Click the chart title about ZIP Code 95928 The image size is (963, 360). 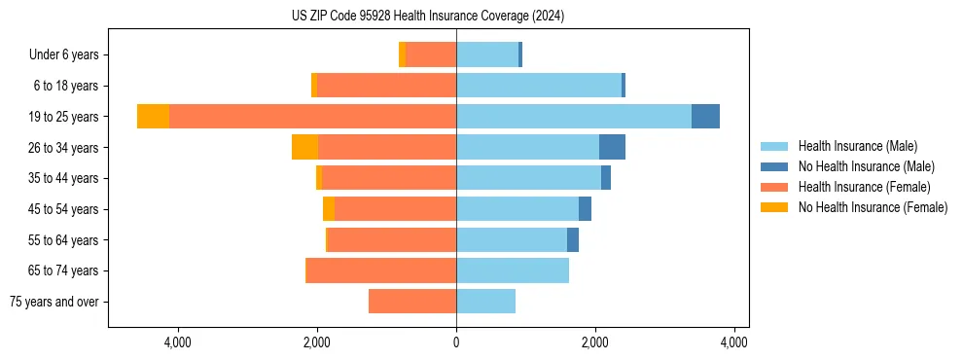click(428, 17)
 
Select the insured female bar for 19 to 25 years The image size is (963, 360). click(312, 117)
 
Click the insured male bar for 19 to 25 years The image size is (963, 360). click(574, 117)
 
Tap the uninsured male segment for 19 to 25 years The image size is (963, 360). click(705, 117)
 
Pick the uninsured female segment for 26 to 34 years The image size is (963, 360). click(304, 148)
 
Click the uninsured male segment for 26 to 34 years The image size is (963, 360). click(612, 148)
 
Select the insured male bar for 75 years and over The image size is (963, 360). click(485, 302)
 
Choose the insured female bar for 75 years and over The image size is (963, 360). click(412, 302)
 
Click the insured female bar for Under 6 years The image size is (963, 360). click(431, 55)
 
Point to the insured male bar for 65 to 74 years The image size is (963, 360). click(513, 270)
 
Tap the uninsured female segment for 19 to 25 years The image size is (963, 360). click(153, 117)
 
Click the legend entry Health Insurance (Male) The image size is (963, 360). click(857, 146)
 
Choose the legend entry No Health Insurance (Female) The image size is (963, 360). click(873, 207)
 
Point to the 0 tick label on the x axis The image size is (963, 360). click(456, 342)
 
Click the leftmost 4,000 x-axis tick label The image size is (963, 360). click(178, 342)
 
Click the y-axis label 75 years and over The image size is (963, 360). click(54, 302)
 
